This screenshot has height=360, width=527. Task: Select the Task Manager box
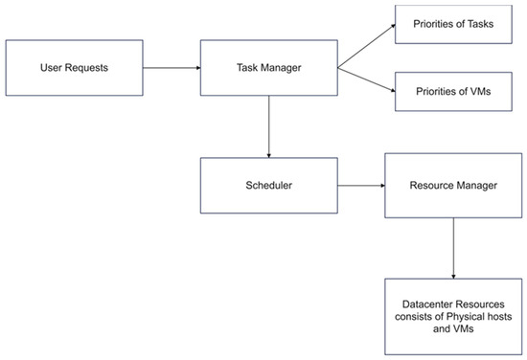[x=269, y=67]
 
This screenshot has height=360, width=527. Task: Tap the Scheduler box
[x=269, y=185]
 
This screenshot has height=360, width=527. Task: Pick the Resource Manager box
[x=453, y=185]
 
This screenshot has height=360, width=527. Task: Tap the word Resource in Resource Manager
[x=432, y=185]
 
